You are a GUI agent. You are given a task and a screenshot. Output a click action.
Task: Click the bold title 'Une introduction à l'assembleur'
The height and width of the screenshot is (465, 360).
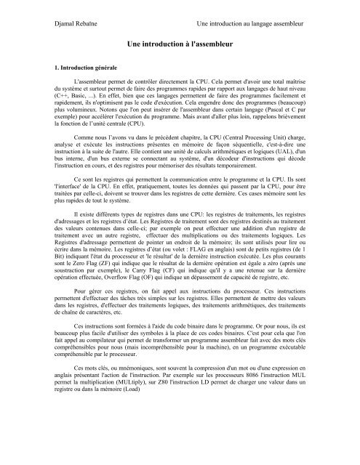tap(180, 44)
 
